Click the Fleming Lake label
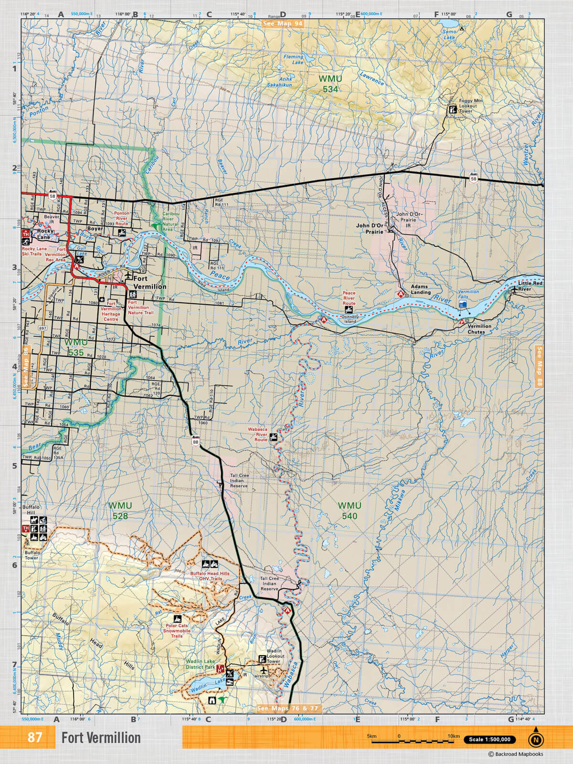coord(294,59)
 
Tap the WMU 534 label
coord(330,84)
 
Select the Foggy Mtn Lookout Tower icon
coord(451,109)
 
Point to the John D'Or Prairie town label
coord(370,228)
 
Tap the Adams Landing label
coord(421,289)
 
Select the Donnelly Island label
coord(350,319)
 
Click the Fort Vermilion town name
coord(149,282)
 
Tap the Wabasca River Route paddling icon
coord(273,437)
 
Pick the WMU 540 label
coord(350,510)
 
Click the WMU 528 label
coord(120,510)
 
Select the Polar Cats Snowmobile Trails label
coord(177,630)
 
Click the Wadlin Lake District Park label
coord(201,664)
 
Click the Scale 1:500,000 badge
coord(489,740)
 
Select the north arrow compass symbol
coord(536,739)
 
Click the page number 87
coord(34,738)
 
